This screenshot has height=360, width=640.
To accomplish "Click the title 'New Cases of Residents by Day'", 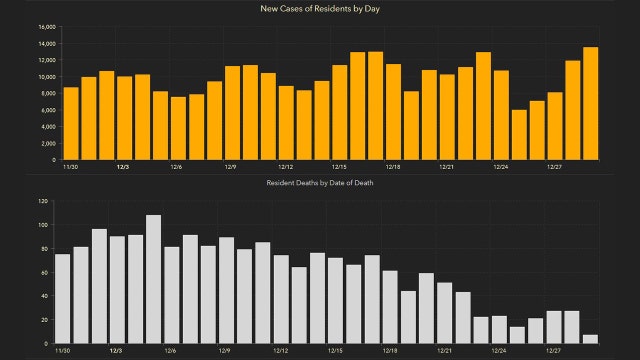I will [320, 8].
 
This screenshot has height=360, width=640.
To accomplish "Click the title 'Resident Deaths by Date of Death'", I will [319, 184].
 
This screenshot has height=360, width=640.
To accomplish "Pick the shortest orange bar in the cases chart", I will [518, 134].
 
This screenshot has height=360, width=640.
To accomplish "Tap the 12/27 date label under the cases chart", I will [554, 167].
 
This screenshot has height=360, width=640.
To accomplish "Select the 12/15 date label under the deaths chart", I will [335, 350].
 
